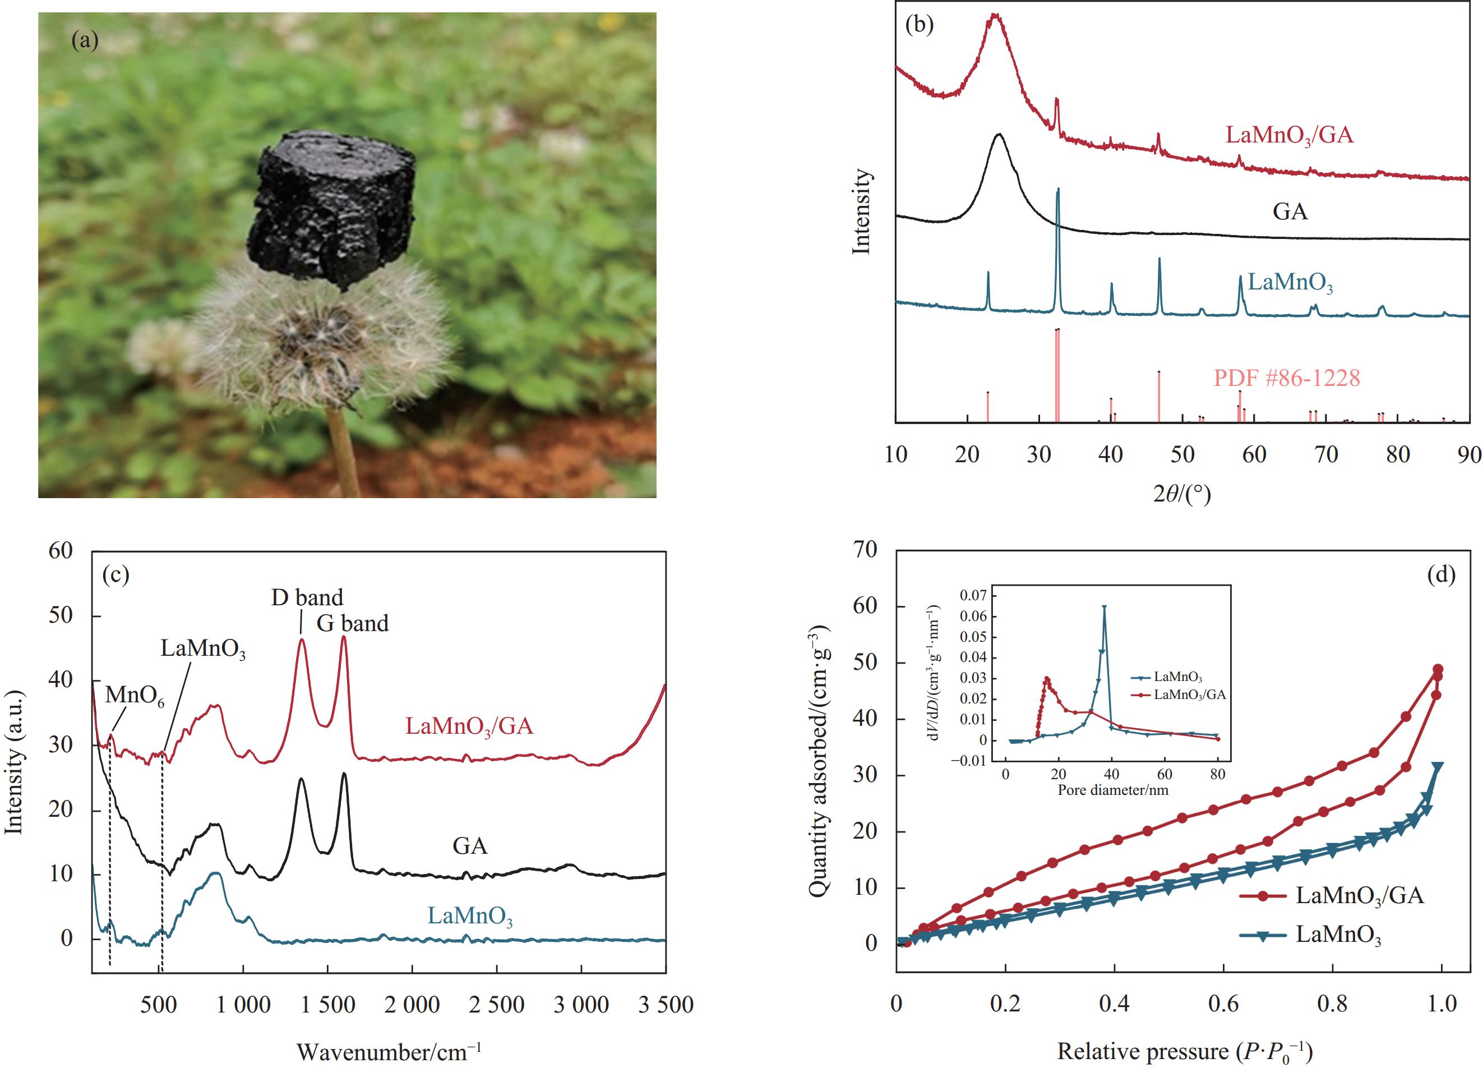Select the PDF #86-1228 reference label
click(1286, 378)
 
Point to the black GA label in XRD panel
click(1290, 212)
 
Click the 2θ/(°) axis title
click(1181, 494)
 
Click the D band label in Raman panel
click(307, 597)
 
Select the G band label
click(353, 623)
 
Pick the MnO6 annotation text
click(135, 695)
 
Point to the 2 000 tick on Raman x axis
click(412, 1004)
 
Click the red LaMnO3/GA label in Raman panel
click(469, 726)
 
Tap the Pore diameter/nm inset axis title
click(1112, 790)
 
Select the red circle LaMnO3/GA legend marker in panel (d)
click(1263, 895)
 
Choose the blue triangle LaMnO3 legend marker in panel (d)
click(1263, 935)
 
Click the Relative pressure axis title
click(1184, 1052)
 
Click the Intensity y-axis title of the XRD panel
click(862, 211)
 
